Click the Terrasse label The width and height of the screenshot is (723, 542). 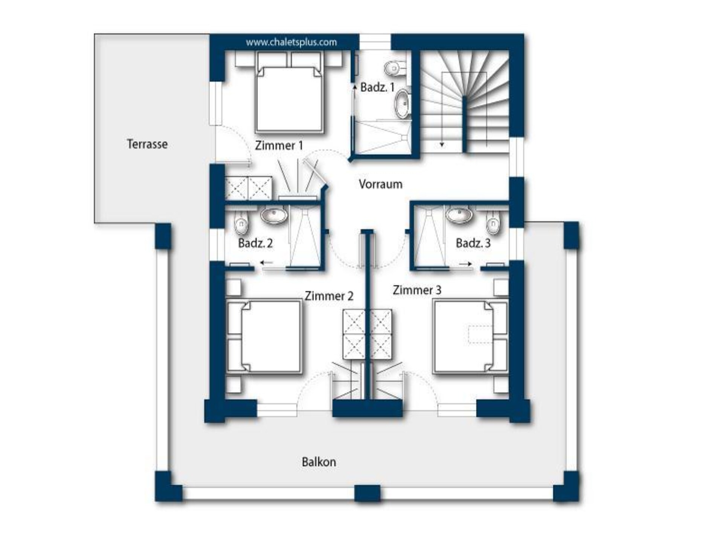coord(147,144)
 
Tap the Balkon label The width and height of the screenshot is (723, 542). coord(319,462)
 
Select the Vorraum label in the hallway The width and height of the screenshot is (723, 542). coord(381,184)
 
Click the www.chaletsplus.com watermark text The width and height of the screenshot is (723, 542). coord(291,42)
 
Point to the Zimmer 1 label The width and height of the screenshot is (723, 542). coord(279,145)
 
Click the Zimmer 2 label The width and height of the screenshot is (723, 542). coord(329,296)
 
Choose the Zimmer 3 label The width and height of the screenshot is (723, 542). coord(417,290)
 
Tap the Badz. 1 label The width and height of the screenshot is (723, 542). coord(377,87)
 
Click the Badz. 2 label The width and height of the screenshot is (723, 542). coord(255,243)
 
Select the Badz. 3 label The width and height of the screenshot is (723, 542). coord(473,243)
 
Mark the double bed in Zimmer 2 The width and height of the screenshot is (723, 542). coord(264,337)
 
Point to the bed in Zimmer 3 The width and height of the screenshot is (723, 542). coord(470,337)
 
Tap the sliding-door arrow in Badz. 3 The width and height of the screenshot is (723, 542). coord(465,264)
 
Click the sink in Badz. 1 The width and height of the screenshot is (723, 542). coord(403,104)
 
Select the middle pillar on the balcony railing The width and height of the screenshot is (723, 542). coord(368,493)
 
